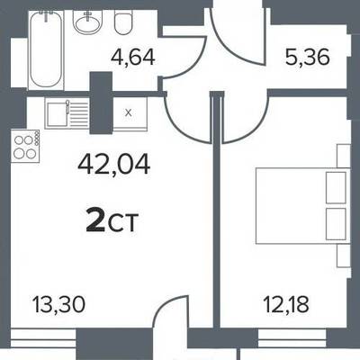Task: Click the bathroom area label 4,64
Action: tap(133, 58)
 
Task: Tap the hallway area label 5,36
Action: tap(308, 58)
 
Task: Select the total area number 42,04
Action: tap(113, 166)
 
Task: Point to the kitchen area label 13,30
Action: tap(58, 304)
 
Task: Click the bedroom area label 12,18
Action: tap(286, 304)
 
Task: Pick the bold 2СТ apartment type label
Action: tap(112, 222)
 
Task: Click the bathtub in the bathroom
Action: tap(46, 49)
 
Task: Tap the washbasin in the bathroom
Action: tap(88, 23)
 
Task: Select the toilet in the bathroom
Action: tap(123, 24)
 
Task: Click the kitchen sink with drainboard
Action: tap(67, 113)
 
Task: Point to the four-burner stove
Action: tap(25, 146)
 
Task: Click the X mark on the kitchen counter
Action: tap(129, 113)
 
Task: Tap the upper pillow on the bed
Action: tap(336, 188)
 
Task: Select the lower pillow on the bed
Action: tap(336, 224)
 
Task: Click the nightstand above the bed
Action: tap(344, 156)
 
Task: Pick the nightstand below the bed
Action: tap(344, 256)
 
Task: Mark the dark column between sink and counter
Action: tap(102, 103)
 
